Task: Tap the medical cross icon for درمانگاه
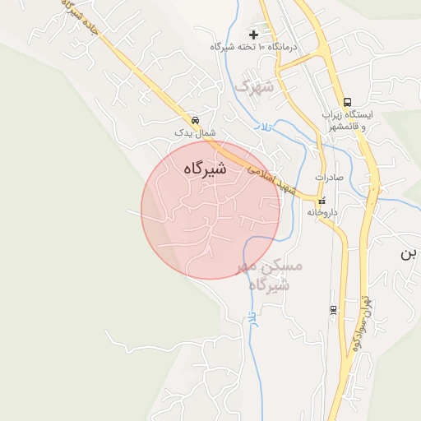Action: (253, 35)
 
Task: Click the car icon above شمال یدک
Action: (194, 118)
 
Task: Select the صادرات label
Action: (329, 178)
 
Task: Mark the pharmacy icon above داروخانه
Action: (322, 200)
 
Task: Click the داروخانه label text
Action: (322, 212)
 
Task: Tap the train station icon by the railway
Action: (333, 309)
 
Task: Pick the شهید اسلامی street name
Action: (271, 177)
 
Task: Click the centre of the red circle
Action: (210, 210)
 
